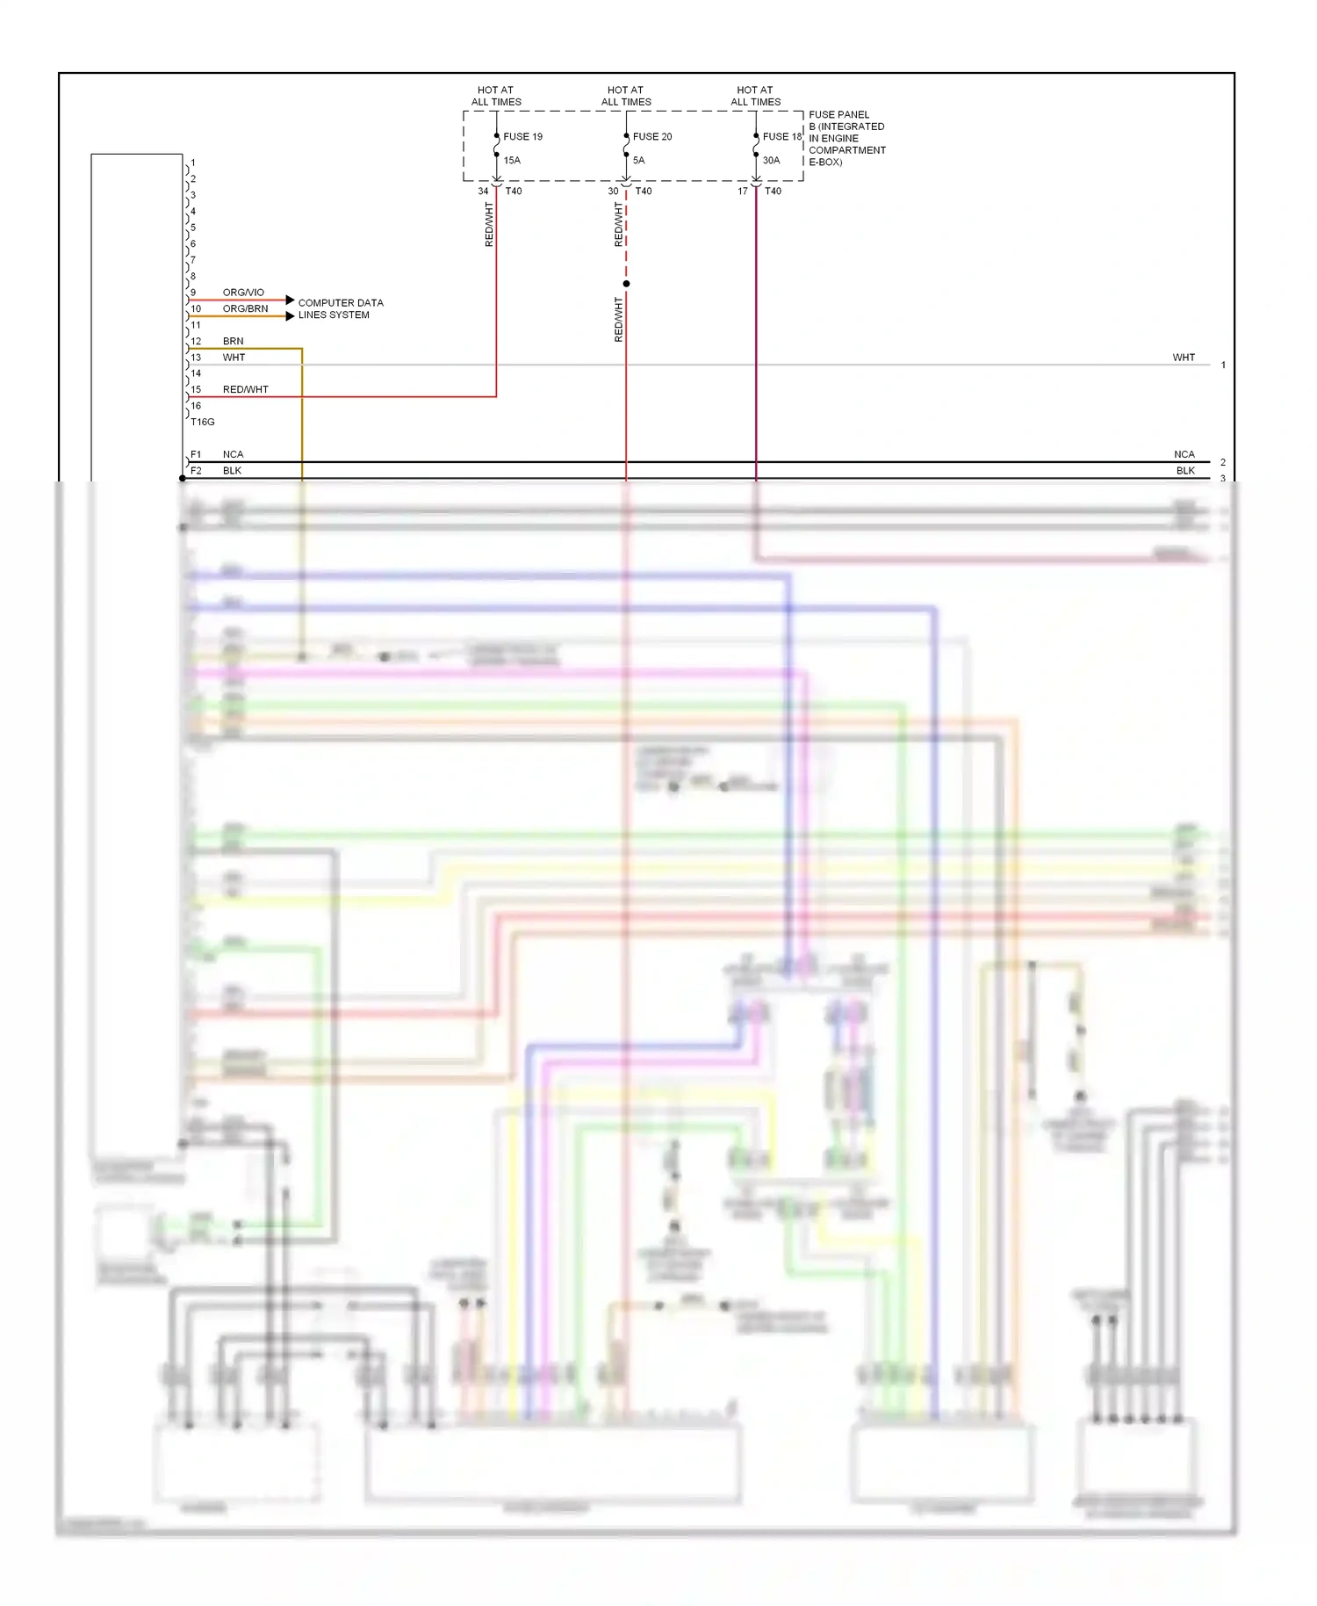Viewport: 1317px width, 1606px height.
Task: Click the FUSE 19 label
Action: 522,137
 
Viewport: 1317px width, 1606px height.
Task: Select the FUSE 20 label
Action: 652,137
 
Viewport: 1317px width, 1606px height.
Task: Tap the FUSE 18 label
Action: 781,137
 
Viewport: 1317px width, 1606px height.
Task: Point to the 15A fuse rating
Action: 512,161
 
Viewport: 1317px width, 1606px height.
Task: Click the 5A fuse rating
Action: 639,161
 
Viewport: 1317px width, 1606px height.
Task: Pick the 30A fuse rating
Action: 771,161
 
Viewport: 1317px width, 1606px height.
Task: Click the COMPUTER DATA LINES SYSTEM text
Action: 340,309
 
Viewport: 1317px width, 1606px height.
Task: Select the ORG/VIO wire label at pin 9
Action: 243,293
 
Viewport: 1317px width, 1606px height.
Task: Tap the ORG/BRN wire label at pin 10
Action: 245,309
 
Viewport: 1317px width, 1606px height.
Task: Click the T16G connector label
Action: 203,423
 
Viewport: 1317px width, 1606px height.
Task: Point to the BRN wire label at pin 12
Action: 233,342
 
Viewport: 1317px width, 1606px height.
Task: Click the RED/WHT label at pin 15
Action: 245,390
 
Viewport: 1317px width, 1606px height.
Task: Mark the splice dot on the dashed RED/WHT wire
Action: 626,284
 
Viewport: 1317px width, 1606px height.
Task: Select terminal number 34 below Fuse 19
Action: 483,192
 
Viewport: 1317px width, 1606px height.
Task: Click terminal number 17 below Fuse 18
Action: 743,192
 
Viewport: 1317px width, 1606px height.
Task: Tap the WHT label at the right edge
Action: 1184,358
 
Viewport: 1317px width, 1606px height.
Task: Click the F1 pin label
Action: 196,455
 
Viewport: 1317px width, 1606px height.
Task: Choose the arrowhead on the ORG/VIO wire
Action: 290,300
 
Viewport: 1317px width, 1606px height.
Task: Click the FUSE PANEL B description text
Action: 846,139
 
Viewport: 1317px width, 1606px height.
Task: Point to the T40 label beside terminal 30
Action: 644,192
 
